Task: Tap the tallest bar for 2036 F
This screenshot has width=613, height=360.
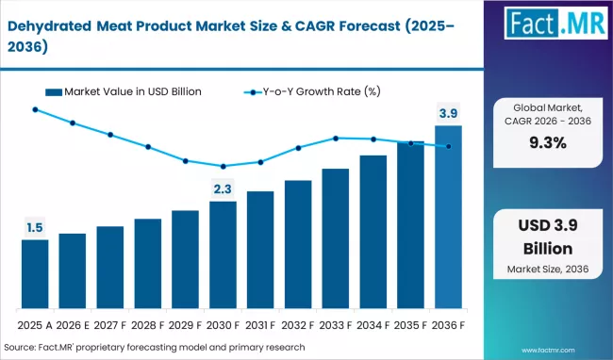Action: tap(448, 217)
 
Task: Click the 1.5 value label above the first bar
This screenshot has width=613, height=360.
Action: tap(35, 226)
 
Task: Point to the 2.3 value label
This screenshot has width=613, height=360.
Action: tap(223, 189)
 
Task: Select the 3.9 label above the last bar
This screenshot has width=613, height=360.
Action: tap(448, 113)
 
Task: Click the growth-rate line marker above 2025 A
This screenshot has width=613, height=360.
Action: tap(35, 109)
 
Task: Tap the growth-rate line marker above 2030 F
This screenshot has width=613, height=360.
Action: tap(223, 167)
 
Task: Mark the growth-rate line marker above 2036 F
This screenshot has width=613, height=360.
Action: tap(448, 146)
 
